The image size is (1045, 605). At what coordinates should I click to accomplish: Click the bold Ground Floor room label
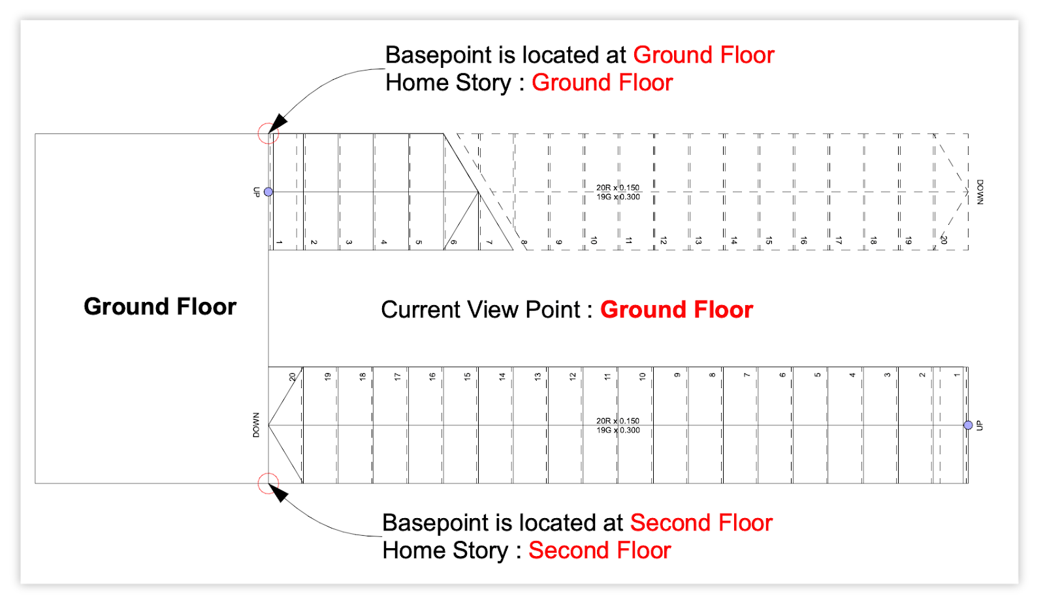[x=160, y=307]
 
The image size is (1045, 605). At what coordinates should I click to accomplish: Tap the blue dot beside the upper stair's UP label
[x=268, y=192]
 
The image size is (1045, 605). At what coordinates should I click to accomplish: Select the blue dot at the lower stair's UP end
[x=968, y=425]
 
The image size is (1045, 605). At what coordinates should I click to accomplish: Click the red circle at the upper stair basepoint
[x=268, y=133]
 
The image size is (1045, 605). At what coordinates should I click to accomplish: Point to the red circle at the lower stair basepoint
[x=268, y=483]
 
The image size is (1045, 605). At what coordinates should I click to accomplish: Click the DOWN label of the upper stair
[x=980, y=192]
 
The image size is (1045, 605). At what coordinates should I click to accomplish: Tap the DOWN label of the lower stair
[x=256, y=425]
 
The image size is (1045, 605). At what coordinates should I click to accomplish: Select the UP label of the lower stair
[x=980, y=426]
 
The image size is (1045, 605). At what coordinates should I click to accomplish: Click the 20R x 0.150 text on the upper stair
[x=618, y=188]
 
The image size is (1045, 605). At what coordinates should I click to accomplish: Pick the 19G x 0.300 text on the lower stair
[x=618, y=430]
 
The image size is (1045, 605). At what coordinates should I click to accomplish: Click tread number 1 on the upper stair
[x=279, y=242]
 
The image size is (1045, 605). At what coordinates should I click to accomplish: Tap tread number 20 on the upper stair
[x=944, y=240]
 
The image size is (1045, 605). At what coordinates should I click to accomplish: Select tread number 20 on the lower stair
[x=293, y=377]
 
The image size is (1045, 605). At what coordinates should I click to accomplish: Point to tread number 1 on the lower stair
[x=957, y=375]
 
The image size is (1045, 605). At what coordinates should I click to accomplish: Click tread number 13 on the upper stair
[x=698, y=240]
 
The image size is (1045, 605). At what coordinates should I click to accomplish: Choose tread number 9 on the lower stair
[x=677, y=375]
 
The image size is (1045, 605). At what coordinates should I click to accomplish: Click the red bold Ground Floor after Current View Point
[x=677, y=310]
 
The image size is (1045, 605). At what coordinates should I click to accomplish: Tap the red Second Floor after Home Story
[x=600, y=550]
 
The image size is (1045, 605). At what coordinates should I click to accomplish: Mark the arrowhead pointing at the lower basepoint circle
[x=278, y=493]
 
